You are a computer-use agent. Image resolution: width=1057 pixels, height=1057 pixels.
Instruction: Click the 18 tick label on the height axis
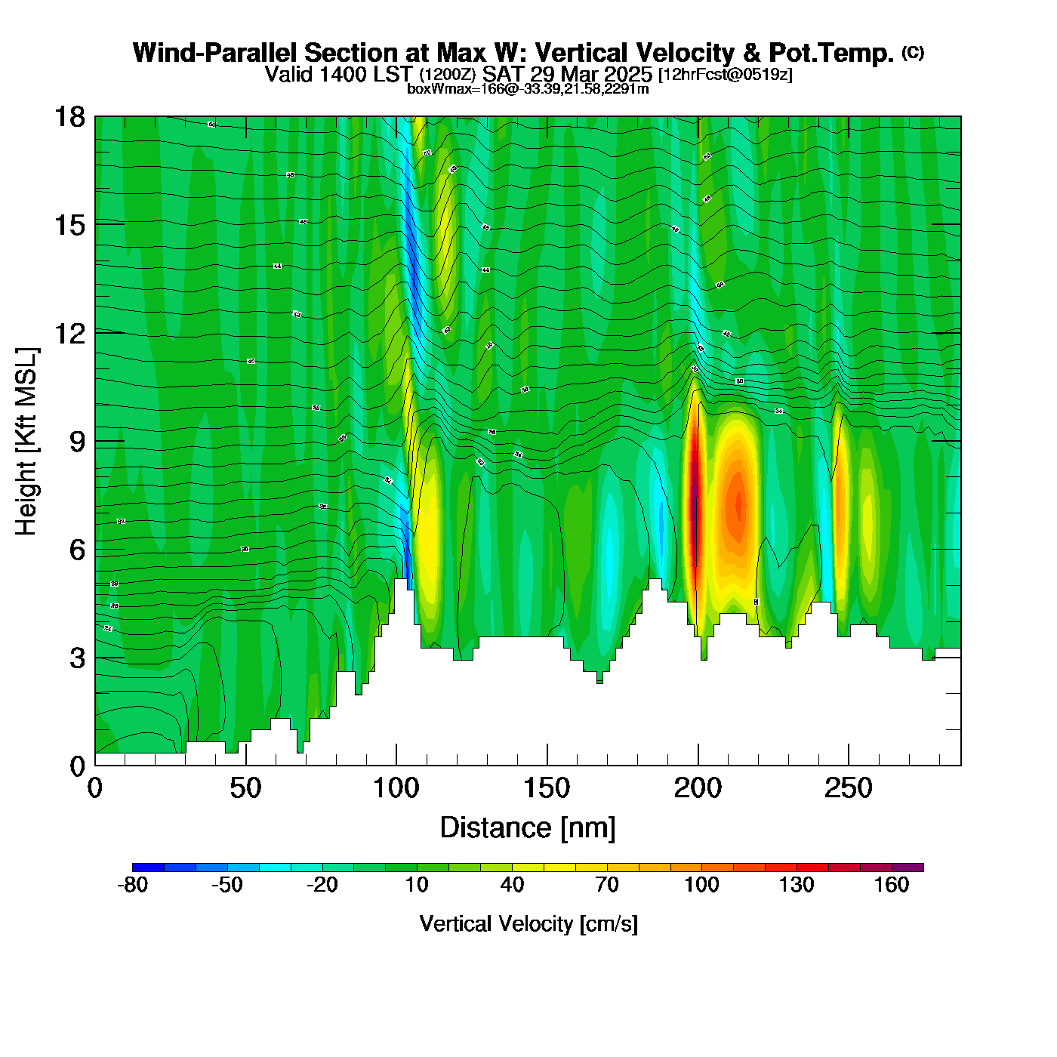(69, 117)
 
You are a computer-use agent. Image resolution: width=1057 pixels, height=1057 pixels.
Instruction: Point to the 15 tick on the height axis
(69, 225)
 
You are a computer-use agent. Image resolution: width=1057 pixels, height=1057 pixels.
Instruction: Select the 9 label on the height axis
(77, 442)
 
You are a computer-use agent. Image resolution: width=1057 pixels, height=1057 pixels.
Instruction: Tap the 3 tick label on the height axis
(77, 658)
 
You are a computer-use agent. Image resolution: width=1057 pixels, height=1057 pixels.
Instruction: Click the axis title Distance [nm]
(528, 828)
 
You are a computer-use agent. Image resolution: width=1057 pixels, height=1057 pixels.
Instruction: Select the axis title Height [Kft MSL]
(26, 442)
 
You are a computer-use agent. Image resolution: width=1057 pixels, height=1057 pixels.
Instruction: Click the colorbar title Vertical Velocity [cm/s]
(528, 924)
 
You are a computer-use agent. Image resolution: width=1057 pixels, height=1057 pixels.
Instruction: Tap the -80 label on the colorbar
(133, 886)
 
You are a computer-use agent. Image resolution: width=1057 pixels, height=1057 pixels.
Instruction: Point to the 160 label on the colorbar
(892, 886)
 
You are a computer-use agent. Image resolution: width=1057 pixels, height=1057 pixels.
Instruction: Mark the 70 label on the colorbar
(607, 886)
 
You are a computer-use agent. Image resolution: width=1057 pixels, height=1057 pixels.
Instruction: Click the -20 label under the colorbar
(322, 886)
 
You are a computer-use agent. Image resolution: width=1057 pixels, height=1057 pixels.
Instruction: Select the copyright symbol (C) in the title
(913, 52)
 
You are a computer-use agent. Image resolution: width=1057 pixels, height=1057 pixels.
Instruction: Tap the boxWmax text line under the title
(528, 89)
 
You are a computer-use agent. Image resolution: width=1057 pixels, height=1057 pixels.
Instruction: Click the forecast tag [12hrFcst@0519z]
(726, 75)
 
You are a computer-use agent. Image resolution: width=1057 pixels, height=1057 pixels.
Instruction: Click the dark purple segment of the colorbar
(908, 867)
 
